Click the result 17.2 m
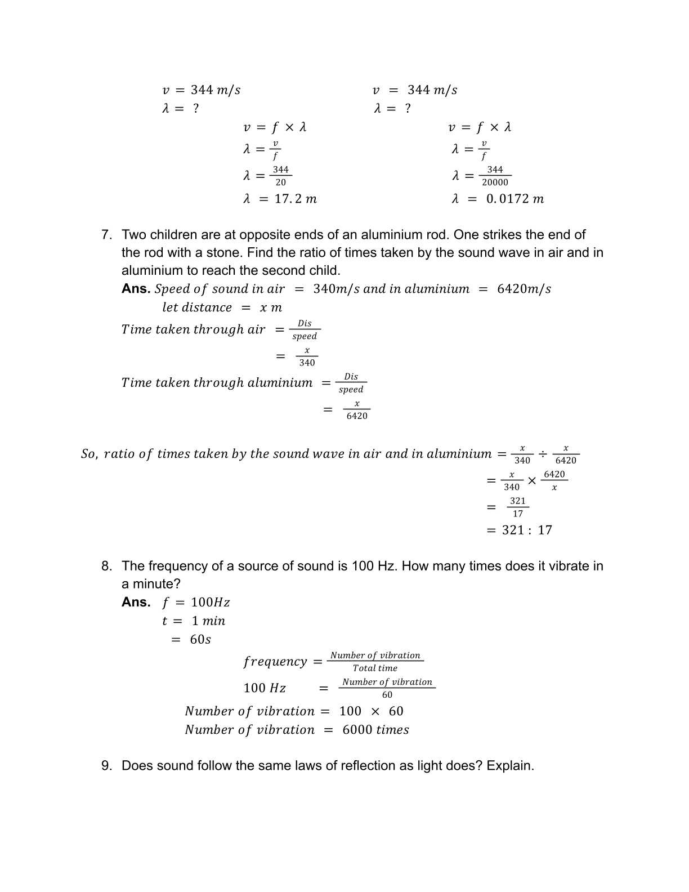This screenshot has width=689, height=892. [x=296, y=199]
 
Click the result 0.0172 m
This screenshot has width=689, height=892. [x=514, y=199]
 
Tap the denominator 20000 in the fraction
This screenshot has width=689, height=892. [x=495, y=182]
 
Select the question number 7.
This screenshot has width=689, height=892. [x=106, y=235]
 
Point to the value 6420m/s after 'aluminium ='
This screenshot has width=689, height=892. [x=524, y=289]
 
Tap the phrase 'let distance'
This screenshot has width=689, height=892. [x=197, y=307]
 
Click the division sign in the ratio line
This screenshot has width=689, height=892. [x=543, y=454]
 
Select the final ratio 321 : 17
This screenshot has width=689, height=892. [x=527, y=530]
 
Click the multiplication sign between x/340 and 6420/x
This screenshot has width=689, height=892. [x=532, y=481]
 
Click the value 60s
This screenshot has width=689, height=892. [x=200, y=640]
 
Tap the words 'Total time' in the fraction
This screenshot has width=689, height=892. [x=375, y=668]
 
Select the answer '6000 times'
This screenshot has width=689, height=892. [x=375, y=730]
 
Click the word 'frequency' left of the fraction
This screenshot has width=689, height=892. [x=275, y=662]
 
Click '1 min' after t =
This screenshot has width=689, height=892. [x=208, y=621]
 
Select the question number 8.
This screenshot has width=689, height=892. [x=106, y=566]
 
